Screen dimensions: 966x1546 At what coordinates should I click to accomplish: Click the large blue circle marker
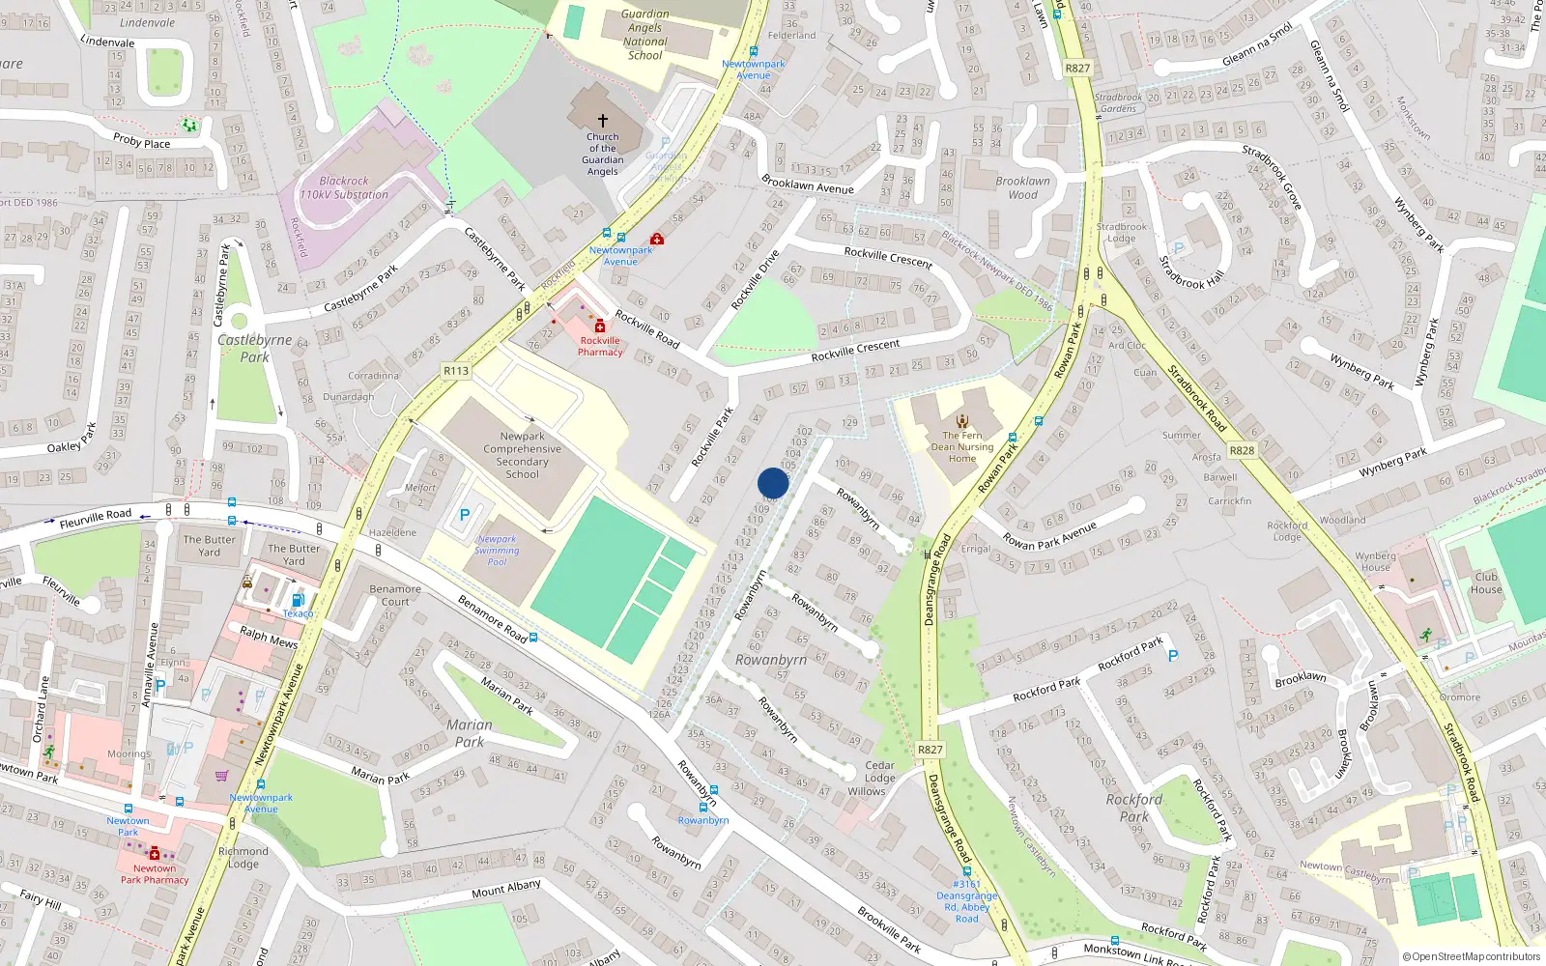tap(773, 483)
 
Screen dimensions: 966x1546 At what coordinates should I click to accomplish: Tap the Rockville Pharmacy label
tap(600, 346)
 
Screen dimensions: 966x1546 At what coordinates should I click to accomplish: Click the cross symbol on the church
tap(603, 121)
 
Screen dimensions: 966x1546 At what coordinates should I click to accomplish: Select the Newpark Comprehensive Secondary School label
tap(522, 455)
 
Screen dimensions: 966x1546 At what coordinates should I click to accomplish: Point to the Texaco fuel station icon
tap(298, 600)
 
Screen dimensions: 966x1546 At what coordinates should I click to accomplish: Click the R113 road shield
tap(456, 371)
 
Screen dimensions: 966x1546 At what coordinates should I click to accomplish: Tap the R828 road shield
tap(1242, 450)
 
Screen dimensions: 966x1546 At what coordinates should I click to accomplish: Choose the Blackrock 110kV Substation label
tap(344, 187)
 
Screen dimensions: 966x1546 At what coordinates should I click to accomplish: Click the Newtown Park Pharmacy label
tap(155, 874)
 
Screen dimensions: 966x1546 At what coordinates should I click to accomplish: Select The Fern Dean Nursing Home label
tap(962, 446)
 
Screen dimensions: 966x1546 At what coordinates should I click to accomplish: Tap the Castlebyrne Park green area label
tap(254, 348)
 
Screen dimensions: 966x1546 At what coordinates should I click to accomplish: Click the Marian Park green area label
tap(470, 733)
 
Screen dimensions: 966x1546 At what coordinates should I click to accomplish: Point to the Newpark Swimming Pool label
tap(497, 551)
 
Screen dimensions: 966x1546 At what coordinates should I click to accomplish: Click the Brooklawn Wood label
tap(1022, 187)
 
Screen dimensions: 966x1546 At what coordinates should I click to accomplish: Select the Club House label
tap(1486, 582)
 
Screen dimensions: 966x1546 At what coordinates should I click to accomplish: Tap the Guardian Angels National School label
tap(644, 35)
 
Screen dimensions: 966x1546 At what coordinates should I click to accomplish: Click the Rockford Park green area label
tap(1134, 808)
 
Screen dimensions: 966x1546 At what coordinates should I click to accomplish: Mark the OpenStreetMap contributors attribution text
tap(1472, 956)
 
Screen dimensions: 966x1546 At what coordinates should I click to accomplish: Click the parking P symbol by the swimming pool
tap(465, 516)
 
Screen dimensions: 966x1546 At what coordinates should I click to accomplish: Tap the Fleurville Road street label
tap(95, 518)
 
